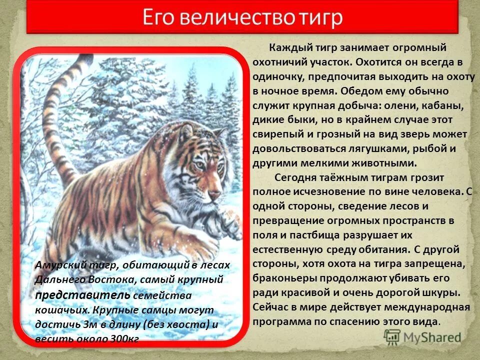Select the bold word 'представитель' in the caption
point(66,295)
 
